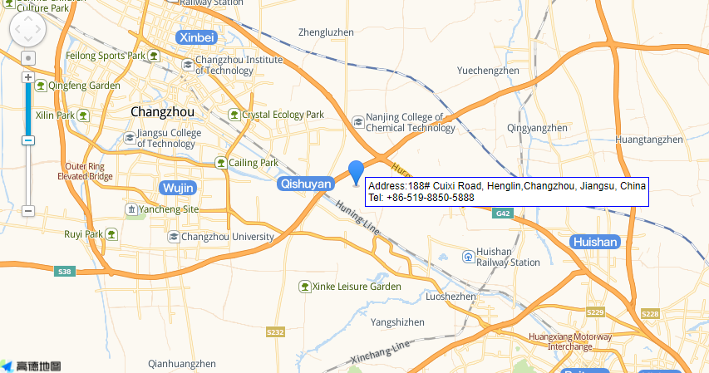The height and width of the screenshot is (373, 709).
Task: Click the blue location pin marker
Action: [x=357, y=173]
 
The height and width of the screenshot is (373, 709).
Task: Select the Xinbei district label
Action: [x=197, y=37]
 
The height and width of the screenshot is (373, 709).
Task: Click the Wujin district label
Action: [x=181, y=186]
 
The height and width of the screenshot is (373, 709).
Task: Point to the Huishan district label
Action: [x=595, y=242]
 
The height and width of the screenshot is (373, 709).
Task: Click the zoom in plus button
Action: [x=27, y=77]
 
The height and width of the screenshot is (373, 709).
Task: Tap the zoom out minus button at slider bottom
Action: [x=27, y=211]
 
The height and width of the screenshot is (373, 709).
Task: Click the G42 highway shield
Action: [x=502, y=213]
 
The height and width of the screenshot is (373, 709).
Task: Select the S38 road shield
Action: [x=64, y=272]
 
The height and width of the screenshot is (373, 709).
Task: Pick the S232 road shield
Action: [x=275, y=331]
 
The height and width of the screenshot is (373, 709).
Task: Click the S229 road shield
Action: [x=594, y=312]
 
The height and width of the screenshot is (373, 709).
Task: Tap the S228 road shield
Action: [x=650, y=313]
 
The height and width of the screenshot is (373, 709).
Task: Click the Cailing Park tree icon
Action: [x=220, y=163]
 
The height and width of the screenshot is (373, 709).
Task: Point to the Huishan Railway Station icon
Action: [x=470, y=256]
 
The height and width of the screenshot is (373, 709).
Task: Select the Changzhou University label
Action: [x=227, y=237]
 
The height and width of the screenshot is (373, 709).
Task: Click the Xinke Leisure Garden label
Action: [x=357, y=287]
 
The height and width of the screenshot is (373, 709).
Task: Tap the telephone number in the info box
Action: [x=421, y=198]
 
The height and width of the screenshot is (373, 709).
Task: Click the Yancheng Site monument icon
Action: [x=130, y=209]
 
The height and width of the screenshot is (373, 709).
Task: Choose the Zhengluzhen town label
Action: [x=326, y=32]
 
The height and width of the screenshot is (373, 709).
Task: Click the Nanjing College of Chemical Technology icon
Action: [x=358, y=122]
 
